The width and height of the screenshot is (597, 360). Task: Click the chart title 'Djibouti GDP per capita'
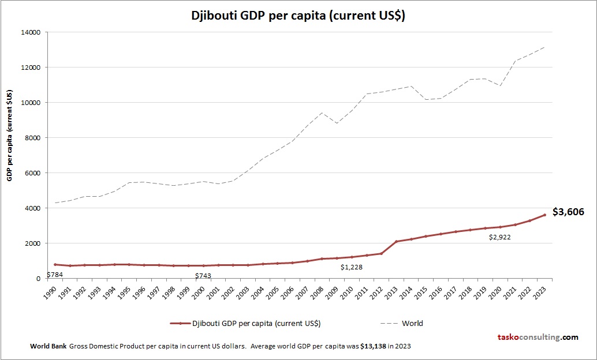pos(298,16)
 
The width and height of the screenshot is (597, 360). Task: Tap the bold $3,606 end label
pos(568,212)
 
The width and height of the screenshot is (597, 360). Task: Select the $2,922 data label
pos(501,237)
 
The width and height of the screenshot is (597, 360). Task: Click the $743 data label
pos(203,276)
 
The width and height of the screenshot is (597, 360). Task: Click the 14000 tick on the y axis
pos(30,32)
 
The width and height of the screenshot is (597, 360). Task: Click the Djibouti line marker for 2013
pos(396,242)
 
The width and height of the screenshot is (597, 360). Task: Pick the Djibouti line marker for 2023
pos(544,215)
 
